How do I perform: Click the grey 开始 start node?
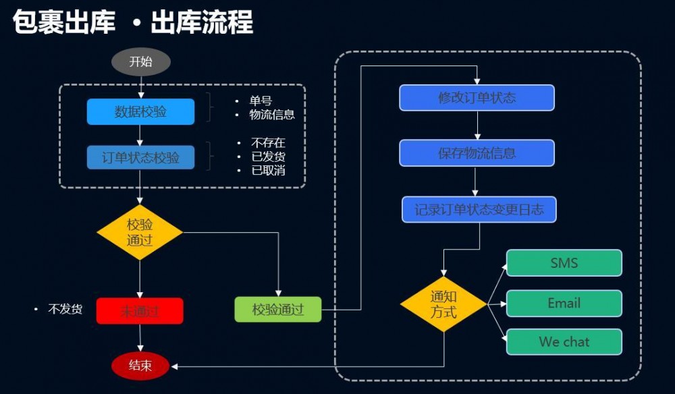(x=140, y=62)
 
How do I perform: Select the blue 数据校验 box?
(x=140, y=112)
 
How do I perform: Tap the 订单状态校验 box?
(x=140, y=158)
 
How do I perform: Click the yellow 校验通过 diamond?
(x=140, y=233)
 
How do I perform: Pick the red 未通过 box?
(x=140, y=311)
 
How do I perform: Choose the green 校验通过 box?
(x=278, y=310)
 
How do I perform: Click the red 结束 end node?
(x=140, y=366)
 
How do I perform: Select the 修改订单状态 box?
(x=477, y=98)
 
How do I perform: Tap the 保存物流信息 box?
(x=477, y=153)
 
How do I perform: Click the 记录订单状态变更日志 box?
(x=479, y=210)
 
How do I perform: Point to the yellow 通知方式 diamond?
(x=443, y=304)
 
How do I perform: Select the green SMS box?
(x=564, y=263)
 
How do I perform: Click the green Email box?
(x=564, y=303)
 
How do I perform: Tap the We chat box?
(x=564, y=342)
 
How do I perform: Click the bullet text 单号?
(x=261, y=101)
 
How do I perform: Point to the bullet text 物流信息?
(x=272, y=115)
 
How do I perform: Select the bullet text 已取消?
(x=268, y=171)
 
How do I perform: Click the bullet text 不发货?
(x=65, y=310)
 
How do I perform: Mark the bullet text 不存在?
(x=268, y=143)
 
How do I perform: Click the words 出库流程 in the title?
(x=202, y=23)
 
